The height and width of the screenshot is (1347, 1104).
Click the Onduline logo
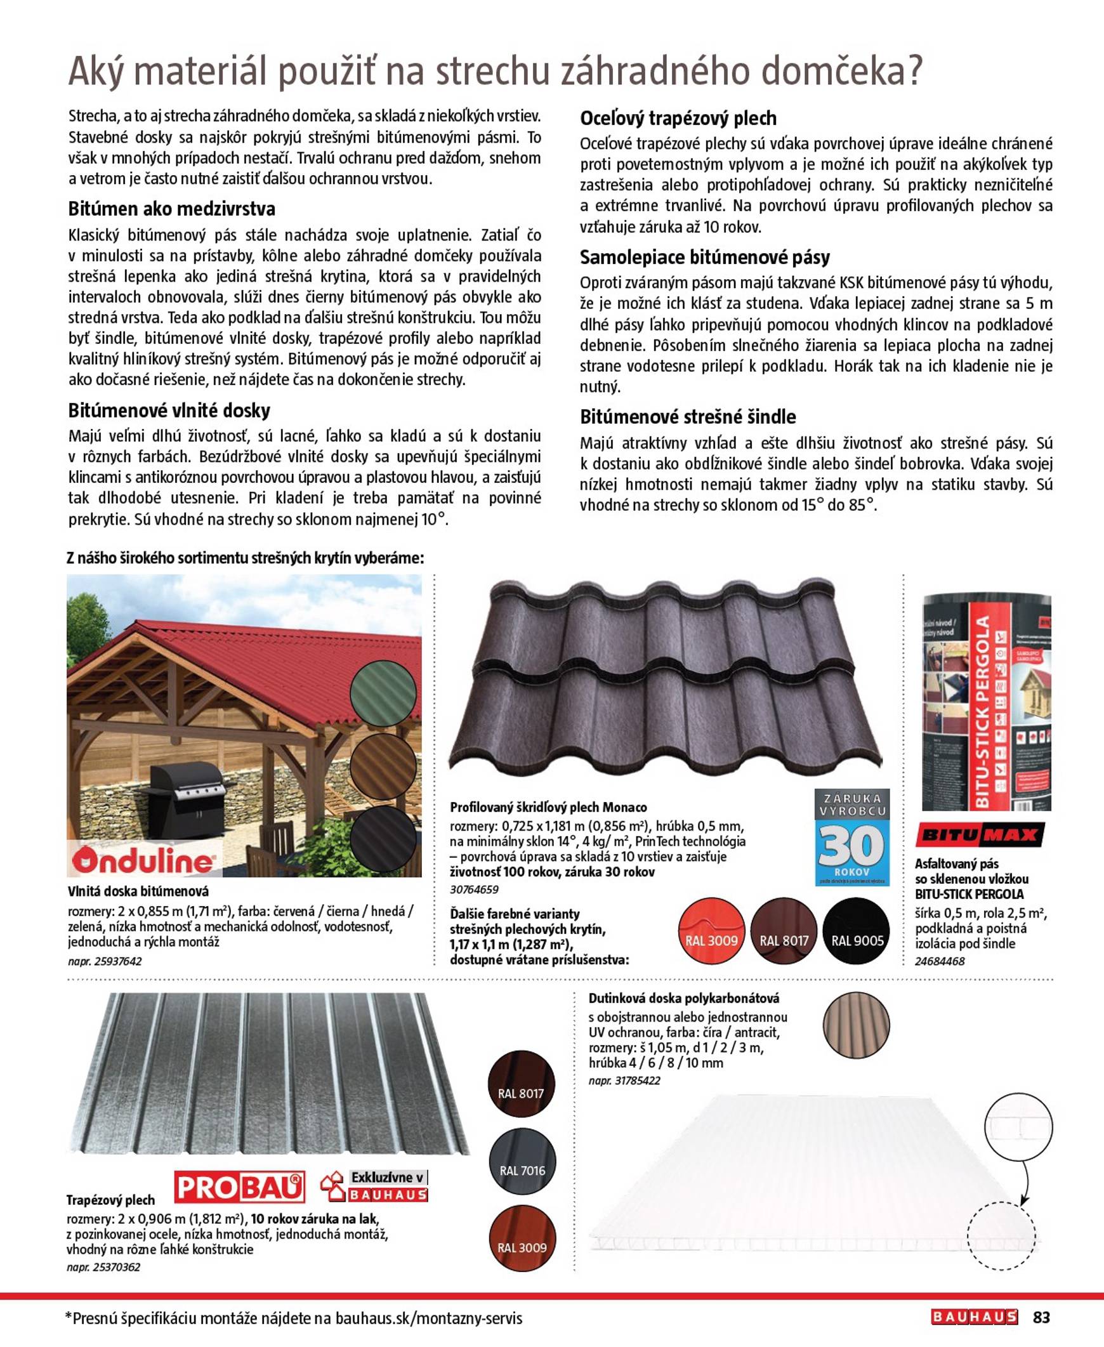pos(143,860)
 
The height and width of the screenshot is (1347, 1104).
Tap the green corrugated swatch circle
pos(383,693)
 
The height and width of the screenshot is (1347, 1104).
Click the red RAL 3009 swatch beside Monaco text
pos(711,930)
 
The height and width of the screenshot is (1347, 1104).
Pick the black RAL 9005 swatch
pos(857,930)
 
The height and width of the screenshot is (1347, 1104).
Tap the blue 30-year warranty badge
pos(851,837)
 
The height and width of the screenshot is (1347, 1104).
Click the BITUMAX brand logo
pos(980,835)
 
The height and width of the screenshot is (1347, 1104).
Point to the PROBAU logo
pos(239,1186)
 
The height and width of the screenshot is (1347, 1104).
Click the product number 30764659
pos(474,890)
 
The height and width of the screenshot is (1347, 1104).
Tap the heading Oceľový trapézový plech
pos(678,118)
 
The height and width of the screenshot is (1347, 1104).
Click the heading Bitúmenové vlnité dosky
pos(169,411)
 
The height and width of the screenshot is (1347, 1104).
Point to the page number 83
pos(1041,1317)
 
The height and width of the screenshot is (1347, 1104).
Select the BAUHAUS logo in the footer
pos(975,1317)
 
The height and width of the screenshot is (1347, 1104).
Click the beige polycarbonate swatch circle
pos(856,1025)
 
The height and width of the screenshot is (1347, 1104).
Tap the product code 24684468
pos(939,961)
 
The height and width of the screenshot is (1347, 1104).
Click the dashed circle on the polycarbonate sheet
pos(1001,1236)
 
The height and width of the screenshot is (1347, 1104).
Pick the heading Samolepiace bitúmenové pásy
pos(705,258)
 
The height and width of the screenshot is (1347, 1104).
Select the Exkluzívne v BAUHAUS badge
pos(374,1186)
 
